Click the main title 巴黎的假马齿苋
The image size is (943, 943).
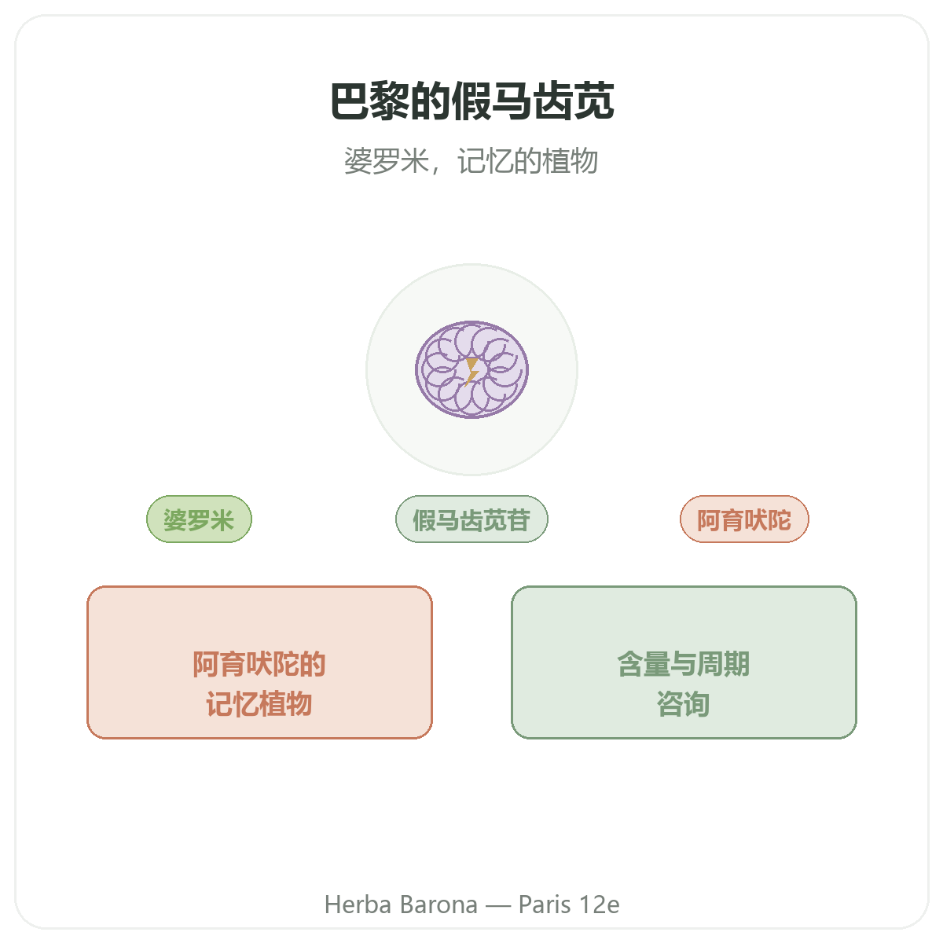pyautogui.click(x=472, y=101)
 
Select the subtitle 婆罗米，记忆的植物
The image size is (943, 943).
pyautogui.click(x=471, y=160)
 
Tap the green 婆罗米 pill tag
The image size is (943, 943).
pyautogui.click(x=199, y=519)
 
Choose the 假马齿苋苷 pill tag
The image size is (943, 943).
pyautogui.click(x=472, y=519)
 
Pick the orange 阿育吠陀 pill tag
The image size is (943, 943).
pyautogui.click(x=744, y=519)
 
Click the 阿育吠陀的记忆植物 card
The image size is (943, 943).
pyautogui.click(x=259, y=662)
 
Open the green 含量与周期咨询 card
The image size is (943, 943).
pyautogui.click(x=684, y=662)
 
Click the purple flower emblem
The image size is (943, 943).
pyautogui.click(x=472, y=369)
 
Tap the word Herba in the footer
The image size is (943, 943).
pyautogui.click(x=358, y=904)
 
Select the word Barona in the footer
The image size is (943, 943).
pyautogui.click(x=438, y=904)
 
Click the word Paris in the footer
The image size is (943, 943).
pyautogui.click(x=545, y=904)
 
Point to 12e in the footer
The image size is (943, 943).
pyautogui.click(x=600, y=904)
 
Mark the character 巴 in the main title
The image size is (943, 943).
pyautogui.click(x=350, y=101)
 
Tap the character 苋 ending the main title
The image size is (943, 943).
pyautogui.click(x=594, y=101)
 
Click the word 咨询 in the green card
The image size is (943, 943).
pyautogui.click(x=683, y=704)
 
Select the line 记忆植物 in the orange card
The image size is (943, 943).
pyautogui.click(x=259, y=704)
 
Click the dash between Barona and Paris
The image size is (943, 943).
pyautogui.click(x=498, y=905)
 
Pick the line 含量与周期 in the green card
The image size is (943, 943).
pyautogui.click(x=684, y=663)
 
